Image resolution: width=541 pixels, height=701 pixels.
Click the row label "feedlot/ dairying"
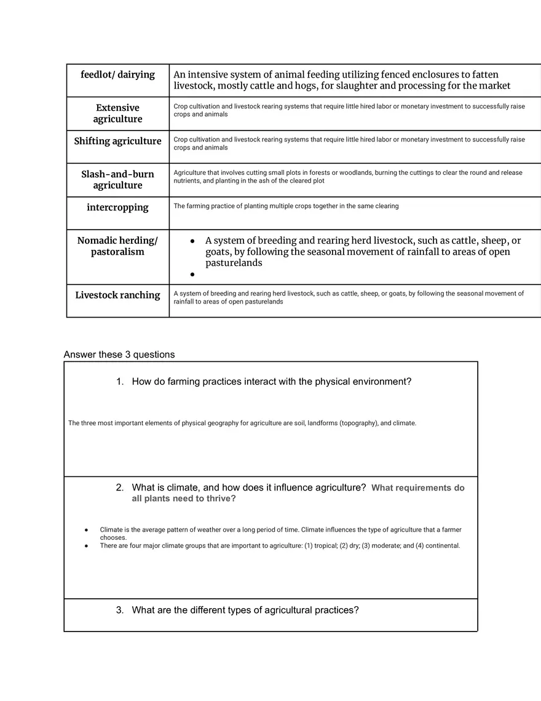117,74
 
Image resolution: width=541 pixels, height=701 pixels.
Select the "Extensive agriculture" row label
117,113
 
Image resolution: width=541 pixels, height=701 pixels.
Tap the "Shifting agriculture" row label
117,141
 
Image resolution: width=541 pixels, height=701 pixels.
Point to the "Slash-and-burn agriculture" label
117,180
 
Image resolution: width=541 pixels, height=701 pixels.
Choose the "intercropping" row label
117,207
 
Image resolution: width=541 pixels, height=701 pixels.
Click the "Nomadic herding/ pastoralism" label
117,246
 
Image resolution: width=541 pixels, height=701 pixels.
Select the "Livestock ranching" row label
117,295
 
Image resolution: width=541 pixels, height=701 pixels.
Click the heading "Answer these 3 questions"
119,355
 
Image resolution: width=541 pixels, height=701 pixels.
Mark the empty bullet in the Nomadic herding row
192,274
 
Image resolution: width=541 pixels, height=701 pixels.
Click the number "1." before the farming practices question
120,382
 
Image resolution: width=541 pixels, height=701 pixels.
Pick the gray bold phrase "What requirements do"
418,488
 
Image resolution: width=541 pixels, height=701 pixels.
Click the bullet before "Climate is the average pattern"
87,530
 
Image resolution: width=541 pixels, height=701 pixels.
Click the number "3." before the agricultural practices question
120,611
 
